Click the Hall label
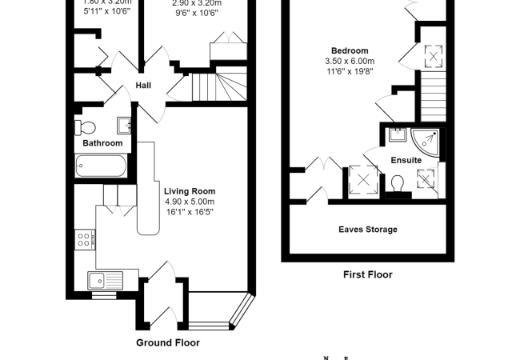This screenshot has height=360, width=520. point(143,86)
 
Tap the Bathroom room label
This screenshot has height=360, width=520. point(102,143)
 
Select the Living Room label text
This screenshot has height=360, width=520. point(190,191)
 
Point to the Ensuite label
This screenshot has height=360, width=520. point(406,160)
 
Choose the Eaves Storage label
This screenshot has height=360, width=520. point(365,230)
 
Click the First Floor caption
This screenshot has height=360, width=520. point(367,274)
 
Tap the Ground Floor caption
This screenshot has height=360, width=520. point(167,342)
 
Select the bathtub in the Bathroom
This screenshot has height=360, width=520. point(100,166)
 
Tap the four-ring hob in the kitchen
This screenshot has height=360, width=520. point(85,238)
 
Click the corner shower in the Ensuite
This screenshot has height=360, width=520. point(428,138)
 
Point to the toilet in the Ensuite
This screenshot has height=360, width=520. point(398,184)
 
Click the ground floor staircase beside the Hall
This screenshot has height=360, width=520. point(218,86)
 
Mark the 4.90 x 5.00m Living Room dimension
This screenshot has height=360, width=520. point(190,202)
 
